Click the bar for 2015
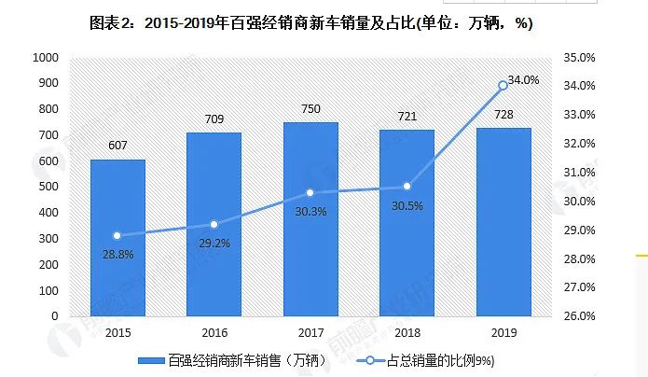117,238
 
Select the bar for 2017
310,219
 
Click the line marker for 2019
503,85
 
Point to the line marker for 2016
214,224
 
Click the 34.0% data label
523,80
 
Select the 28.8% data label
118,254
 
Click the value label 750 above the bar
310,109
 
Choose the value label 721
407,117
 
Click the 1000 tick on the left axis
46,58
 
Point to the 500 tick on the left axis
49,187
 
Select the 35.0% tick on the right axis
580,58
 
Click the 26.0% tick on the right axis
580,316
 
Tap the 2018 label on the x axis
407,331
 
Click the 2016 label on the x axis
214,331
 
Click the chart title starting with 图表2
310,22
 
